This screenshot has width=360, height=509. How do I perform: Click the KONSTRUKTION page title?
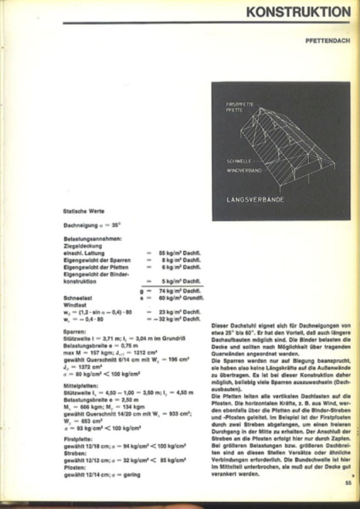pos(298,12)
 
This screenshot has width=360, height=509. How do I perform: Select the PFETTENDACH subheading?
pos(327,41)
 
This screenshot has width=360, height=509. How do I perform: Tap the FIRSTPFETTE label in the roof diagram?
pos(240,104)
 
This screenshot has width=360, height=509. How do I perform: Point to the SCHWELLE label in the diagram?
pos(239,162)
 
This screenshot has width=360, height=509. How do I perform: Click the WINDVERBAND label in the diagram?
pos(244,171)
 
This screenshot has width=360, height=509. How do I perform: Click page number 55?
pos(348,482)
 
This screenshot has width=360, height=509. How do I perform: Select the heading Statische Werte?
pos(84,211)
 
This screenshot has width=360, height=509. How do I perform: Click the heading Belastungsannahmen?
pos(93,239)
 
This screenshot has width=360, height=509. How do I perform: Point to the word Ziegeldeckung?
pos(82,246)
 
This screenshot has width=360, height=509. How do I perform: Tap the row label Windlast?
pos(75,305)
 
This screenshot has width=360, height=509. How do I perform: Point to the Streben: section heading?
pos(75,453)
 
